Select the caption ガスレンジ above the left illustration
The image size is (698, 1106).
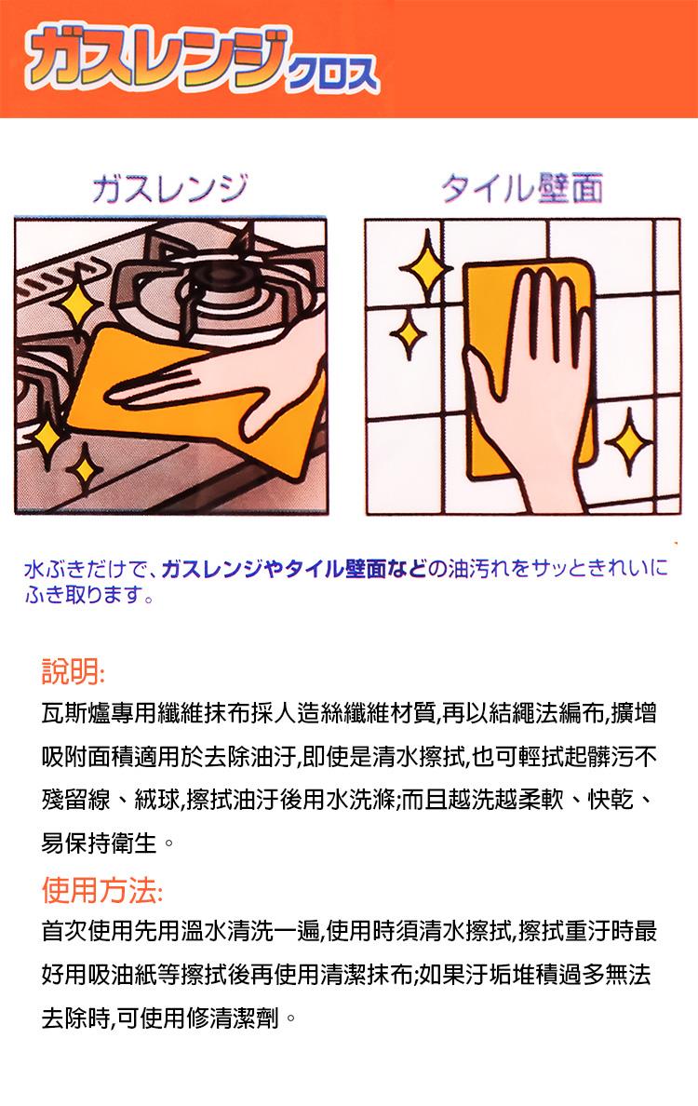coord(170,188)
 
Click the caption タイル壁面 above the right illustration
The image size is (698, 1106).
coord(522,188)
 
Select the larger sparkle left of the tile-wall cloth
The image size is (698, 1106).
coord(426,267)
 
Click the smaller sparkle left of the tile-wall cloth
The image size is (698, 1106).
coord(409,336)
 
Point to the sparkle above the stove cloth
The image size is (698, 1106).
coord(77,304)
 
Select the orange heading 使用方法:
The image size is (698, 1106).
coord(103,889)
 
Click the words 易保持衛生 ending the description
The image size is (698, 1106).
coord(99,843)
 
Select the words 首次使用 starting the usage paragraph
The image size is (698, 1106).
coord(87,931)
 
